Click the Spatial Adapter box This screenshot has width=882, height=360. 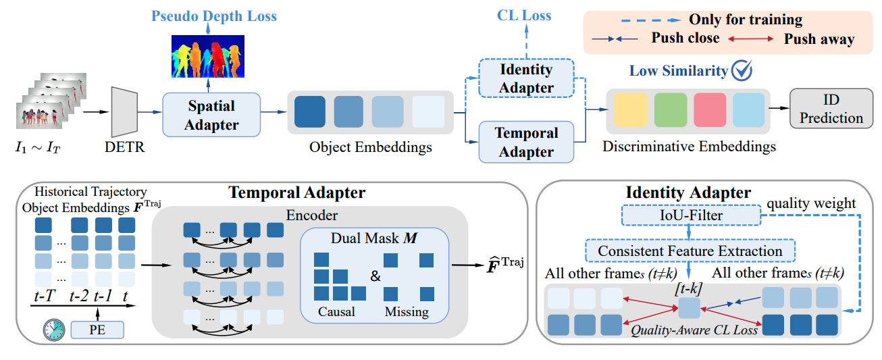click(211, 115)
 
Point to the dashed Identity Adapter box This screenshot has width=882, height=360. click(525, 78)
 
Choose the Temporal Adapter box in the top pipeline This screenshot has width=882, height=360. click(525, 142)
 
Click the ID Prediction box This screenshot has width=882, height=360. click(827, 109)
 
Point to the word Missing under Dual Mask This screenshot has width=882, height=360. click(407, 311)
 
